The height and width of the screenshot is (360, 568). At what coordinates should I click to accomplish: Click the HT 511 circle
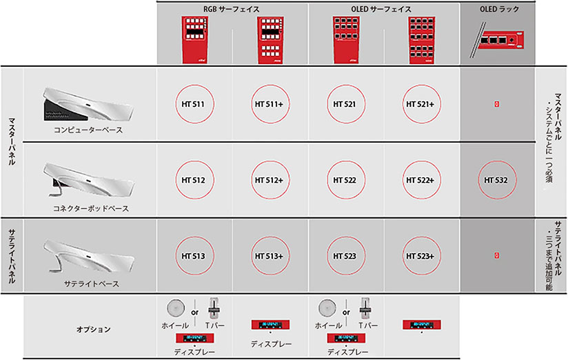(x=194, y=104)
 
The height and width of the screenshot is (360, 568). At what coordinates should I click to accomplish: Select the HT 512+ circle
(x=270, y=180)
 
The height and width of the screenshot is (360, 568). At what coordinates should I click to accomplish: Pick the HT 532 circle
(x=496, y=180)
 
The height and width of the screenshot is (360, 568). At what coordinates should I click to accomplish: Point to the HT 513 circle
(x=194, y=255)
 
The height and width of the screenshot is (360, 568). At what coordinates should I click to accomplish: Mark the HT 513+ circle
(x=270, y=255)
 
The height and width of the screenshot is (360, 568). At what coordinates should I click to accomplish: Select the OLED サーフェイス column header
(x=383, y=9)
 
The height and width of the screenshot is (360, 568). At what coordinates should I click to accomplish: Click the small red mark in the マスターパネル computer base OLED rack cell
(x=496, y=104)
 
